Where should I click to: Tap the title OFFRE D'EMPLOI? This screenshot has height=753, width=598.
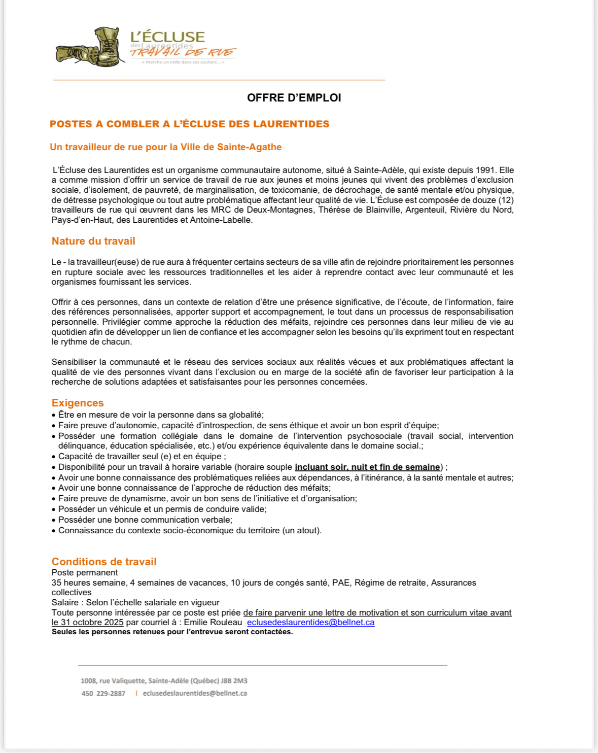(294, 98)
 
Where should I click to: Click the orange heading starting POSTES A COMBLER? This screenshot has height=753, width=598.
(189, 124)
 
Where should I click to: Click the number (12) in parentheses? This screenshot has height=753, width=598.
(506, 200)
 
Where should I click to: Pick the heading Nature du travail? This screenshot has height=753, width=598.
(93, 241)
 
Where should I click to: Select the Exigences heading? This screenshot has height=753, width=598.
(78, 403)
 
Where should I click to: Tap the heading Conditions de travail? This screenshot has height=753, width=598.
(104, 562)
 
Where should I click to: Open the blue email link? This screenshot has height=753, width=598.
(310, 622)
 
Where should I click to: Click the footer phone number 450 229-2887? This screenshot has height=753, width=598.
(103, 694)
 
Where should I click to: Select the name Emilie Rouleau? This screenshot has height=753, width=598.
(213, 622)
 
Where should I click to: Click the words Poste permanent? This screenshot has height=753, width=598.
(85, 572)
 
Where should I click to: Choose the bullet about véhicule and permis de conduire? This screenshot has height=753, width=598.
(162, 509)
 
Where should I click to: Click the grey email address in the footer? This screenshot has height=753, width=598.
(195, 694)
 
